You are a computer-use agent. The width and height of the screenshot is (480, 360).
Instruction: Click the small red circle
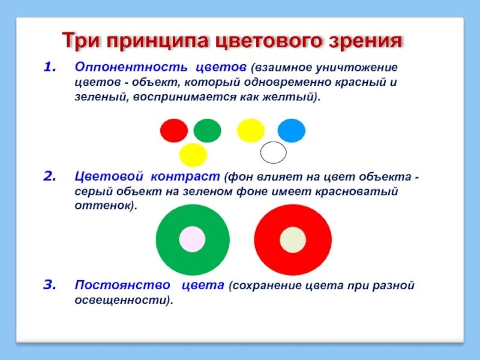[174, 130]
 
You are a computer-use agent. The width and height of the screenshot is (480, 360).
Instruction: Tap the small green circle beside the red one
[207, 130]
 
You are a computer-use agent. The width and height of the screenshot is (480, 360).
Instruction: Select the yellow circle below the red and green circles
[193, 154]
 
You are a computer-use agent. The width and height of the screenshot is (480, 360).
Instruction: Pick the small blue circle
[292, 130]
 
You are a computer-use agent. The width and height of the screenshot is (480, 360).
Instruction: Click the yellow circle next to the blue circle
[251, 130]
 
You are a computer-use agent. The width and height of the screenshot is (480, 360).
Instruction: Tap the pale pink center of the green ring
[192, 238]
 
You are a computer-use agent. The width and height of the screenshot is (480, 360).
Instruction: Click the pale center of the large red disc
[293, 239]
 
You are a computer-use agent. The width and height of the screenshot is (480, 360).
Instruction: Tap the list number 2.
[50, 178]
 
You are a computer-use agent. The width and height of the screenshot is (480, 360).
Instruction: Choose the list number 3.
[50, 285]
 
